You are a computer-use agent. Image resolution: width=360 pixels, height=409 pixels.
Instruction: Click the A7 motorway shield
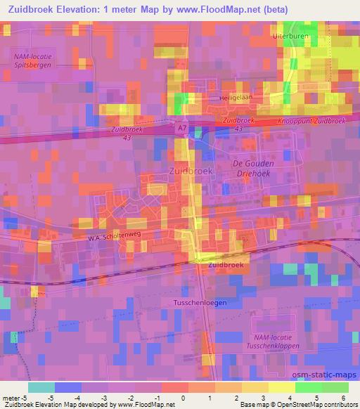click(182, 129)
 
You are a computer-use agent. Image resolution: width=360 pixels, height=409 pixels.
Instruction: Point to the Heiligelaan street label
click(235, 98)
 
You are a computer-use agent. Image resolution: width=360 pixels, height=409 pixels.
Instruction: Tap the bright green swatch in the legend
click(308, 387)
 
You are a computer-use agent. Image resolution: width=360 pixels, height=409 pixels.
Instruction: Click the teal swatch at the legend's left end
click(41, 387)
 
